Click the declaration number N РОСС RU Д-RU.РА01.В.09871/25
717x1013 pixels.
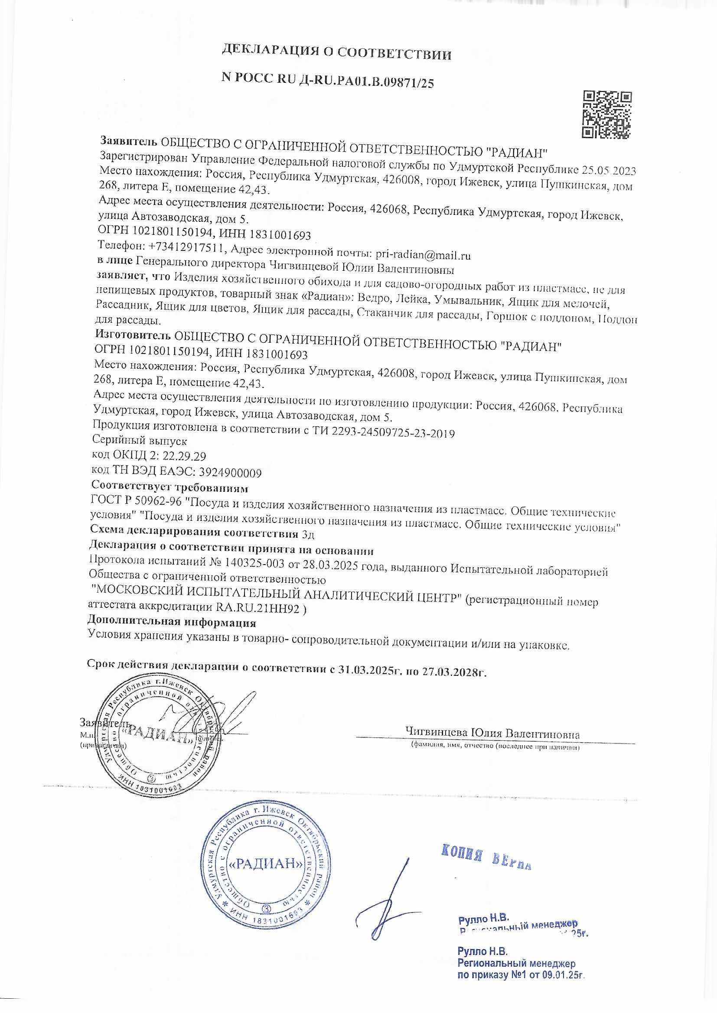[x=328, y=79]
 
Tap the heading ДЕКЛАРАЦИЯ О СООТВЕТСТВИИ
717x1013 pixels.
[x=336, y=54]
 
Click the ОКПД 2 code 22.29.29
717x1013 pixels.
[x=185, y=456]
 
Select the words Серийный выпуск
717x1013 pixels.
[x=140, y=440]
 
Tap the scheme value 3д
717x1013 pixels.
[x=308, y=534]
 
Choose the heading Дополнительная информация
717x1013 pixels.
[x=172, y=623]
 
